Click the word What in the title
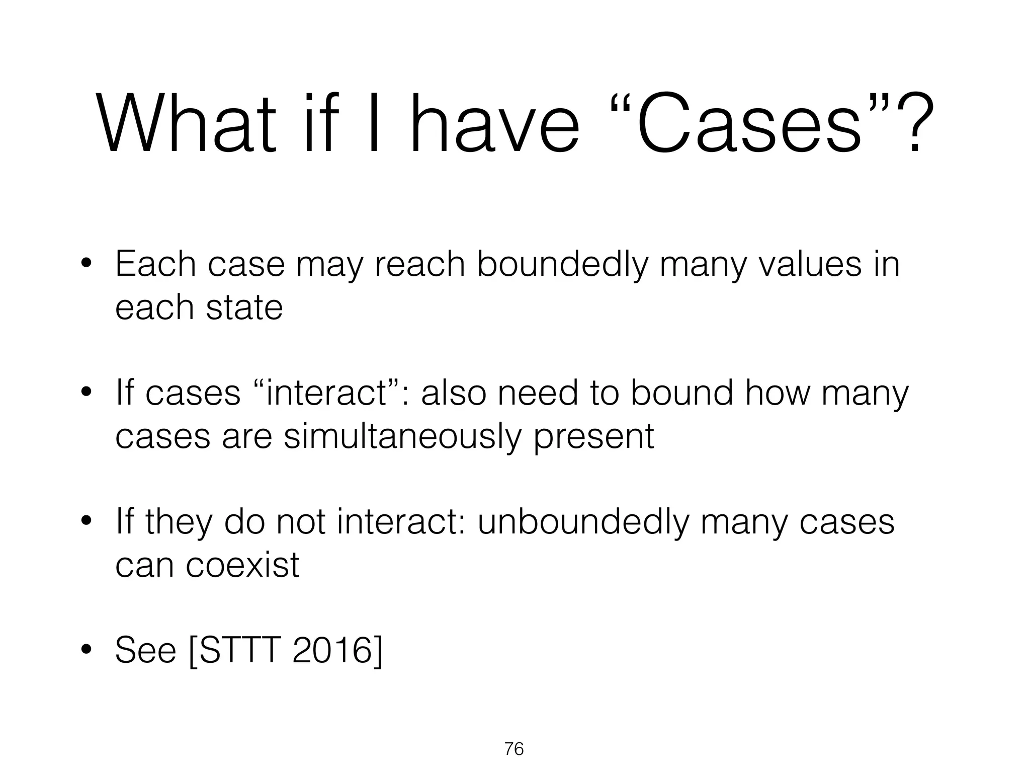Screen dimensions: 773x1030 pos(186,123)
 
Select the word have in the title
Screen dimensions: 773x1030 pos(495,123)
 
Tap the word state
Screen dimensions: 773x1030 pos(244,307)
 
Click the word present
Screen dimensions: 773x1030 pos(593,436)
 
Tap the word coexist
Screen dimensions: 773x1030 pos(242,565)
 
